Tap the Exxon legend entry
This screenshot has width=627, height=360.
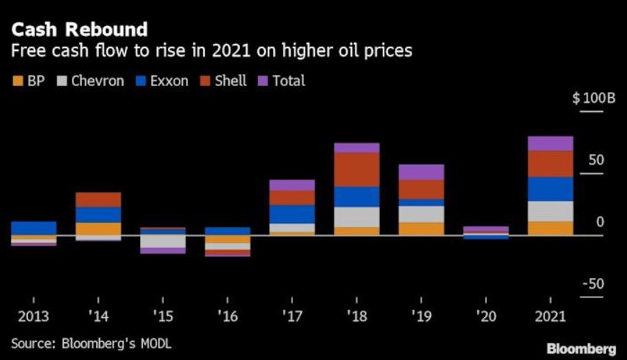[162, 80]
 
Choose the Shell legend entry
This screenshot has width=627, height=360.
[223, 80]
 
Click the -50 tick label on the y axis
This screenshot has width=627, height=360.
[593, 285]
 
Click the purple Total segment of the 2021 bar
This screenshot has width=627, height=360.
[550, 143]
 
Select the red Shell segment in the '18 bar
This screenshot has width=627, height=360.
[357, 170]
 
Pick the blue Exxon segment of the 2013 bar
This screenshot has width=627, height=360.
[34, 228]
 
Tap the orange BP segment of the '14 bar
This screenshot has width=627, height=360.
[98, 229]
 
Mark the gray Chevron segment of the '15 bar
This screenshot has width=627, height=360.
[163, 241]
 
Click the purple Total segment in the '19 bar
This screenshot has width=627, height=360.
[422, 172]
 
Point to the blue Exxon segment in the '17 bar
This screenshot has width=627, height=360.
[292, 214]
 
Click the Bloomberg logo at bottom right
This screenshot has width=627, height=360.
[582, 349]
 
